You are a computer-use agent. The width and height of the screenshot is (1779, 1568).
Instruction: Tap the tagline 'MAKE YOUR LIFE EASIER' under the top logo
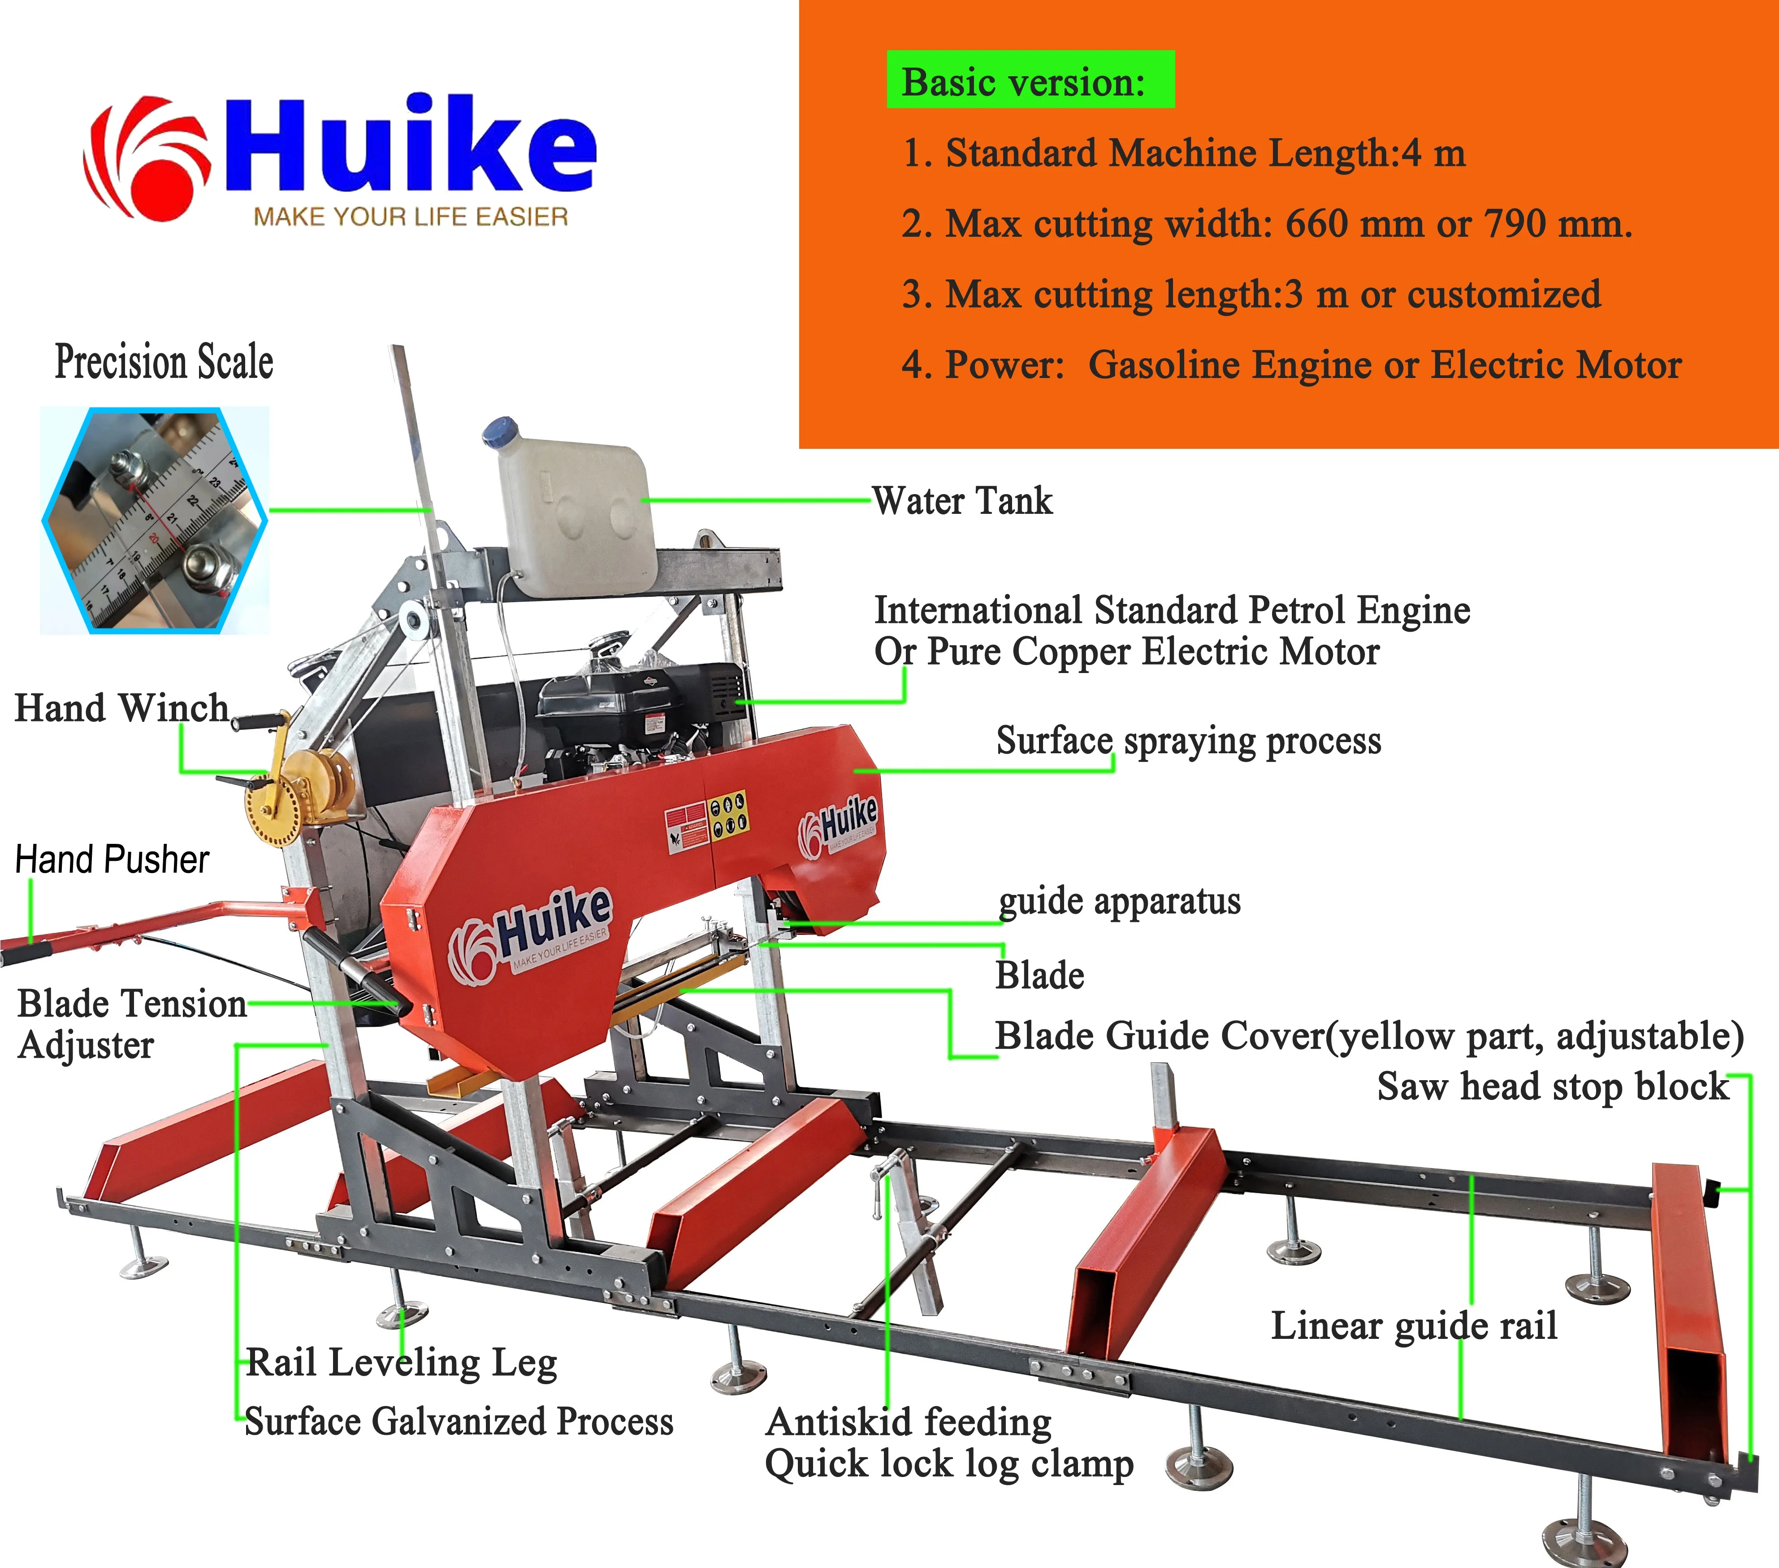tap(411, 217)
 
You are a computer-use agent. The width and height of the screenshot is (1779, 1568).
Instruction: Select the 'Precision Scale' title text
tap(164, 361)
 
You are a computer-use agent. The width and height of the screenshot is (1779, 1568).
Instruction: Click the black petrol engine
tap(640, 705)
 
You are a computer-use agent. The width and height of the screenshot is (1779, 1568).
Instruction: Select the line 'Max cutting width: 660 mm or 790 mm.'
tap(1266, 224)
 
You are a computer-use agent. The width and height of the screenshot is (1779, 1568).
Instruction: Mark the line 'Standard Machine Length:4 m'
tap(1184, 153)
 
